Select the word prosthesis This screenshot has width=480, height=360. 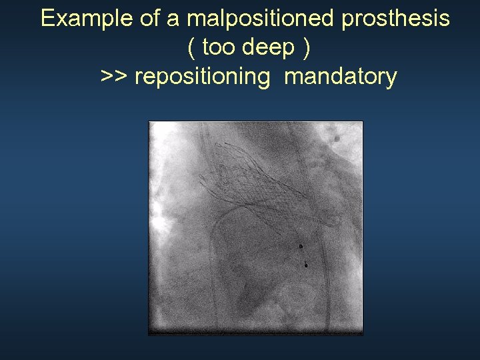[395, 19]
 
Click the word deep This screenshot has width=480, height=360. [269, 48]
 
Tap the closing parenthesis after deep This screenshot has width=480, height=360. [306, 48]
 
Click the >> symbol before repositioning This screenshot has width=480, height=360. [114, 77]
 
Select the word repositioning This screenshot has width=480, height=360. [202, 77]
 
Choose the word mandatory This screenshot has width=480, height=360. [340, 77]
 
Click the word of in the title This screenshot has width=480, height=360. [146, 19]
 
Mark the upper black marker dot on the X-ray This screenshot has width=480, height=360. [300, 247]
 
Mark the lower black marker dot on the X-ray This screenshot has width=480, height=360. [305, 264]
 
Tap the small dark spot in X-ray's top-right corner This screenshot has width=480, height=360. [337, 138]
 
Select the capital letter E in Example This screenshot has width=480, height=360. [47, 19]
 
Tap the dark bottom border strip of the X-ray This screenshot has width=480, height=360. [255, 330]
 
